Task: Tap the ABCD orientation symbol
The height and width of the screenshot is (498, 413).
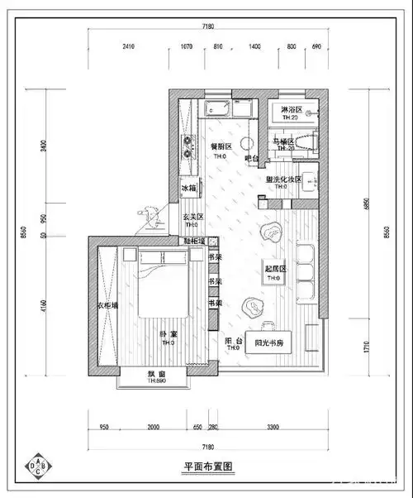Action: [x=38, y=466]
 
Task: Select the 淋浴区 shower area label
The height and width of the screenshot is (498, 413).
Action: [x=291, y=110]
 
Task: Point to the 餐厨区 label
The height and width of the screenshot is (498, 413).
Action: [x=221, y=143]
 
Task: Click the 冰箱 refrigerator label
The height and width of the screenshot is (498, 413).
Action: [x=189, y=189]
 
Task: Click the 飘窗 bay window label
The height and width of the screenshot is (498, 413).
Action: [x=157, y=374]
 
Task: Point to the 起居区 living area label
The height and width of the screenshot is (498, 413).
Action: [x=274, y=270]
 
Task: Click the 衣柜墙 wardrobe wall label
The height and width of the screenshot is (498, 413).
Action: [x=108, y=305]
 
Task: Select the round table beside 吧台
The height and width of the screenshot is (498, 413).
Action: [x=244, y=141]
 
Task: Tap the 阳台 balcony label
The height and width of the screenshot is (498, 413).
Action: [x=233, y=341]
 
